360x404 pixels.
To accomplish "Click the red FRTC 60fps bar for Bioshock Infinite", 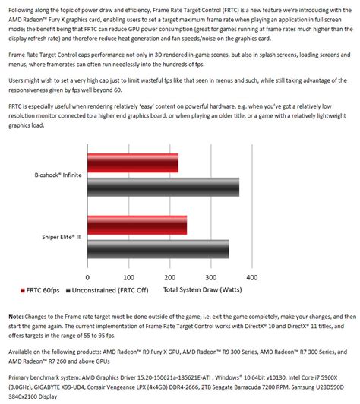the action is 132,163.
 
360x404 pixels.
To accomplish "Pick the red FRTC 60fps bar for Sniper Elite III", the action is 136,225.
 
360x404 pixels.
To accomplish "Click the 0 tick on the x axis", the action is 87,277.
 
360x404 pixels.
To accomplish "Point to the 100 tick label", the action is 128,277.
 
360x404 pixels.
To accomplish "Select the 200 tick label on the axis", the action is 169,277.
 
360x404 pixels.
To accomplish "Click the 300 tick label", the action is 211,277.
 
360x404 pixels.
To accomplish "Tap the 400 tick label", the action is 252,277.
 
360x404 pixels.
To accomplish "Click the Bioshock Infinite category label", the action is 58,175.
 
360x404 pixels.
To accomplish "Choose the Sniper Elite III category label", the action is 60,237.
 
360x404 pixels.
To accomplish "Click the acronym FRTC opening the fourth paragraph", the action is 16,106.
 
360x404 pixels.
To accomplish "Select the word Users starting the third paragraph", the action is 17,80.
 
